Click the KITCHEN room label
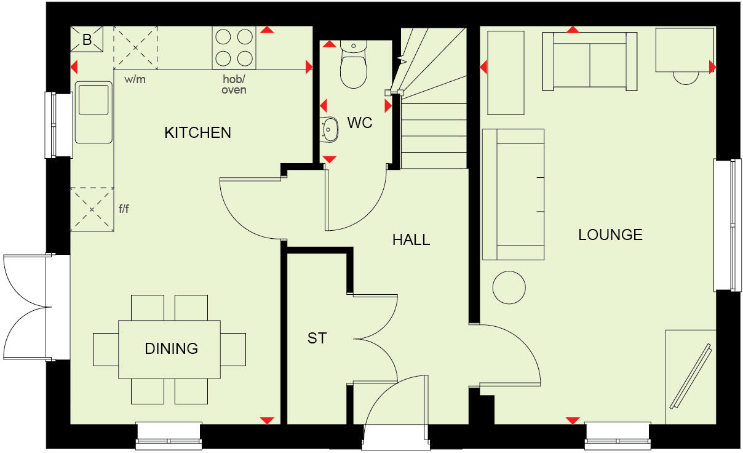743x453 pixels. (197, 132)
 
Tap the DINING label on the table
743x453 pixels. (171, 348)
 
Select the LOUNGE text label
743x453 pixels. (610, 235)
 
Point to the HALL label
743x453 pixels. (411, 239)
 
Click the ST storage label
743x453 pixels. (317, 338)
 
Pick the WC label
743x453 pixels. (360, 122)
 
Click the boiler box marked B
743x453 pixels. (87, 41)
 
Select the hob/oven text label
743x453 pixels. (234, 84)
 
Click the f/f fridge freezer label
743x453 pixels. (124, 209)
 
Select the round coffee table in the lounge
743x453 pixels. (509, 287)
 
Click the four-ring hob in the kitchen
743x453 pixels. (234, 48)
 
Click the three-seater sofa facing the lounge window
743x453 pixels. (514, 194)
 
